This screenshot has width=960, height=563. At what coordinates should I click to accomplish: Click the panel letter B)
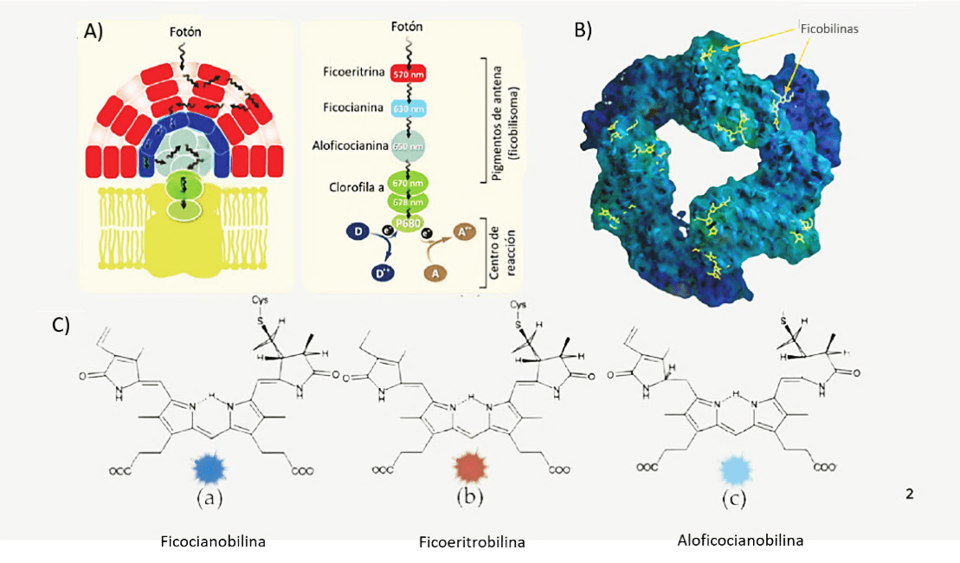(x=583, y=29)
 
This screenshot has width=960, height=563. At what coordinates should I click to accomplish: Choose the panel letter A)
(x=93, y=32)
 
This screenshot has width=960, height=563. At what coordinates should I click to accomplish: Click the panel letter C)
(x=61, y=326)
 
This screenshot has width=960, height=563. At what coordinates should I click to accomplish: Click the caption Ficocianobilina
(x=213, y=542)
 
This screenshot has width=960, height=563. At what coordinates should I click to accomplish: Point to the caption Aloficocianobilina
(x=740, y=540)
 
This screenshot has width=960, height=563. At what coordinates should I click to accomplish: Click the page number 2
(x=909, y=494)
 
